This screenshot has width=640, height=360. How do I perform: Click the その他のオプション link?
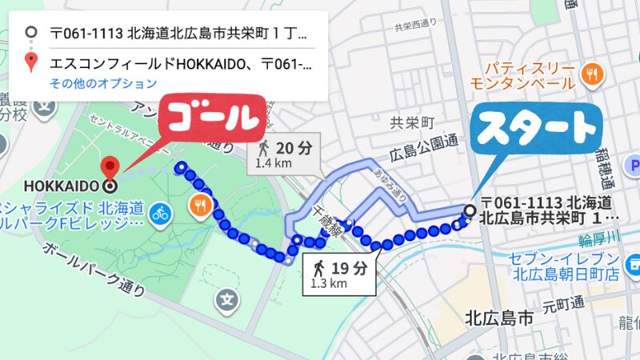[103, 83]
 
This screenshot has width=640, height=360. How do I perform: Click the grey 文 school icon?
[228, 300]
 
